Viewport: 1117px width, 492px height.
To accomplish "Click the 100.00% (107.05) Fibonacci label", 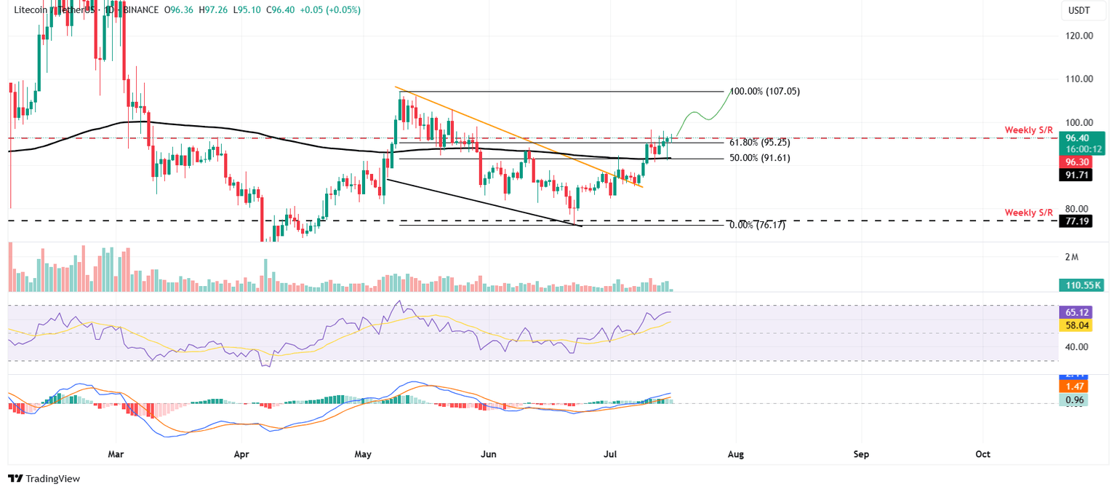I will click(764, 92).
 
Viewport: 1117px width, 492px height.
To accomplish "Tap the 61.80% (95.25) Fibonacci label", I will click(759, 143).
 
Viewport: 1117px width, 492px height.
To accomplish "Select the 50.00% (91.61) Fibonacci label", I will click(759, 158).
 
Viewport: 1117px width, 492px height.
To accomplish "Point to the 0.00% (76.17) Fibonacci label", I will click(757, 226).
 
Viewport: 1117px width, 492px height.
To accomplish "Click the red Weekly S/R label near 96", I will click(1028, 130).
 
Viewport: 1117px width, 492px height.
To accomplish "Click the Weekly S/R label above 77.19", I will click(1028, 213).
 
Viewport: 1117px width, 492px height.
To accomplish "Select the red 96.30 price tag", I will click(1076, 162).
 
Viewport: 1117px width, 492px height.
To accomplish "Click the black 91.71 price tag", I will click(1076, 175).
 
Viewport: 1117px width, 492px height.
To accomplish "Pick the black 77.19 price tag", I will click(1076, 220).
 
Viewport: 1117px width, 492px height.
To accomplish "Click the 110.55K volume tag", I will click(1081, 285).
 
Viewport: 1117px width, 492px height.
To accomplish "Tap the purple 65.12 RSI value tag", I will click(1077, 312).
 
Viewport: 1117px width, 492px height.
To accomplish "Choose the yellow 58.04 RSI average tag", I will click(1077, 325).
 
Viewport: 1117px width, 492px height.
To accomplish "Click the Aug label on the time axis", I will click(736, 455).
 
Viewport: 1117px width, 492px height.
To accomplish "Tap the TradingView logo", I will click(44, 478).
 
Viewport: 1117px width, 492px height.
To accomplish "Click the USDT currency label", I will click(1079, 10).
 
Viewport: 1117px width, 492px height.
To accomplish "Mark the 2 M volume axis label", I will click(1071, 258).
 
